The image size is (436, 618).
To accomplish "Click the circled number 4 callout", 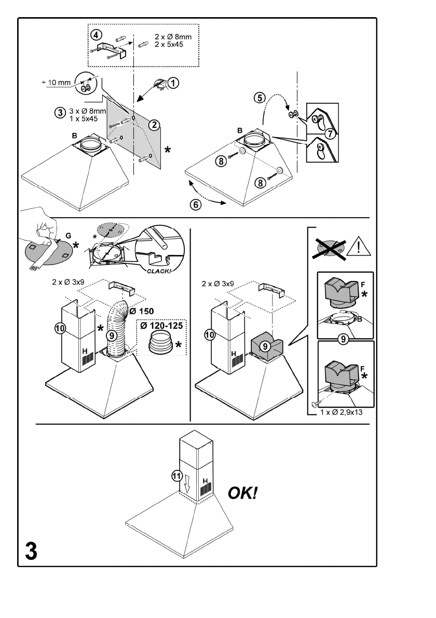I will [95, 35].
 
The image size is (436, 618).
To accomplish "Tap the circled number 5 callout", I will [260, 97].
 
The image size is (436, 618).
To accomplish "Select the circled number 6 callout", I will [196, 205].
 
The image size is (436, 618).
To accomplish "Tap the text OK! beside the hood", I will [243, 492].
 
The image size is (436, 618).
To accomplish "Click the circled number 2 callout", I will [154, 124].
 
